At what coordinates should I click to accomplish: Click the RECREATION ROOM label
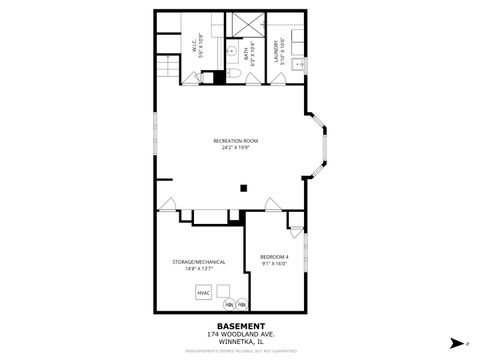point(235,141)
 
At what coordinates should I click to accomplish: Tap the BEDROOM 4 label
point(275,257)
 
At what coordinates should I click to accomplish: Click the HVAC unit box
point(203,293)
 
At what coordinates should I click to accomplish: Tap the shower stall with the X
point(245,25)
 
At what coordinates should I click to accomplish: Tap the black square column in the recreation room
point(242,186)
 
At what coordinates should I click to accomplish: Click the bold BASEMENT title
point(241,326)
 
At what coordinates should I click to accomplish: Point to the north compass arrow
point(456,341)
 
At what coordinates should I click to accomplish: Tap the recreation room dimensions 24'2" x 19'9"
point(235,148)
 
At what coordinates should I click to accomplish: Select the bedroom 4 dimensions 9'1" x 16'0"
point(275,264)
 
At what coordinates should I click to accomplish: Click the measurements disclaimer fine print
point(241,351)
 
